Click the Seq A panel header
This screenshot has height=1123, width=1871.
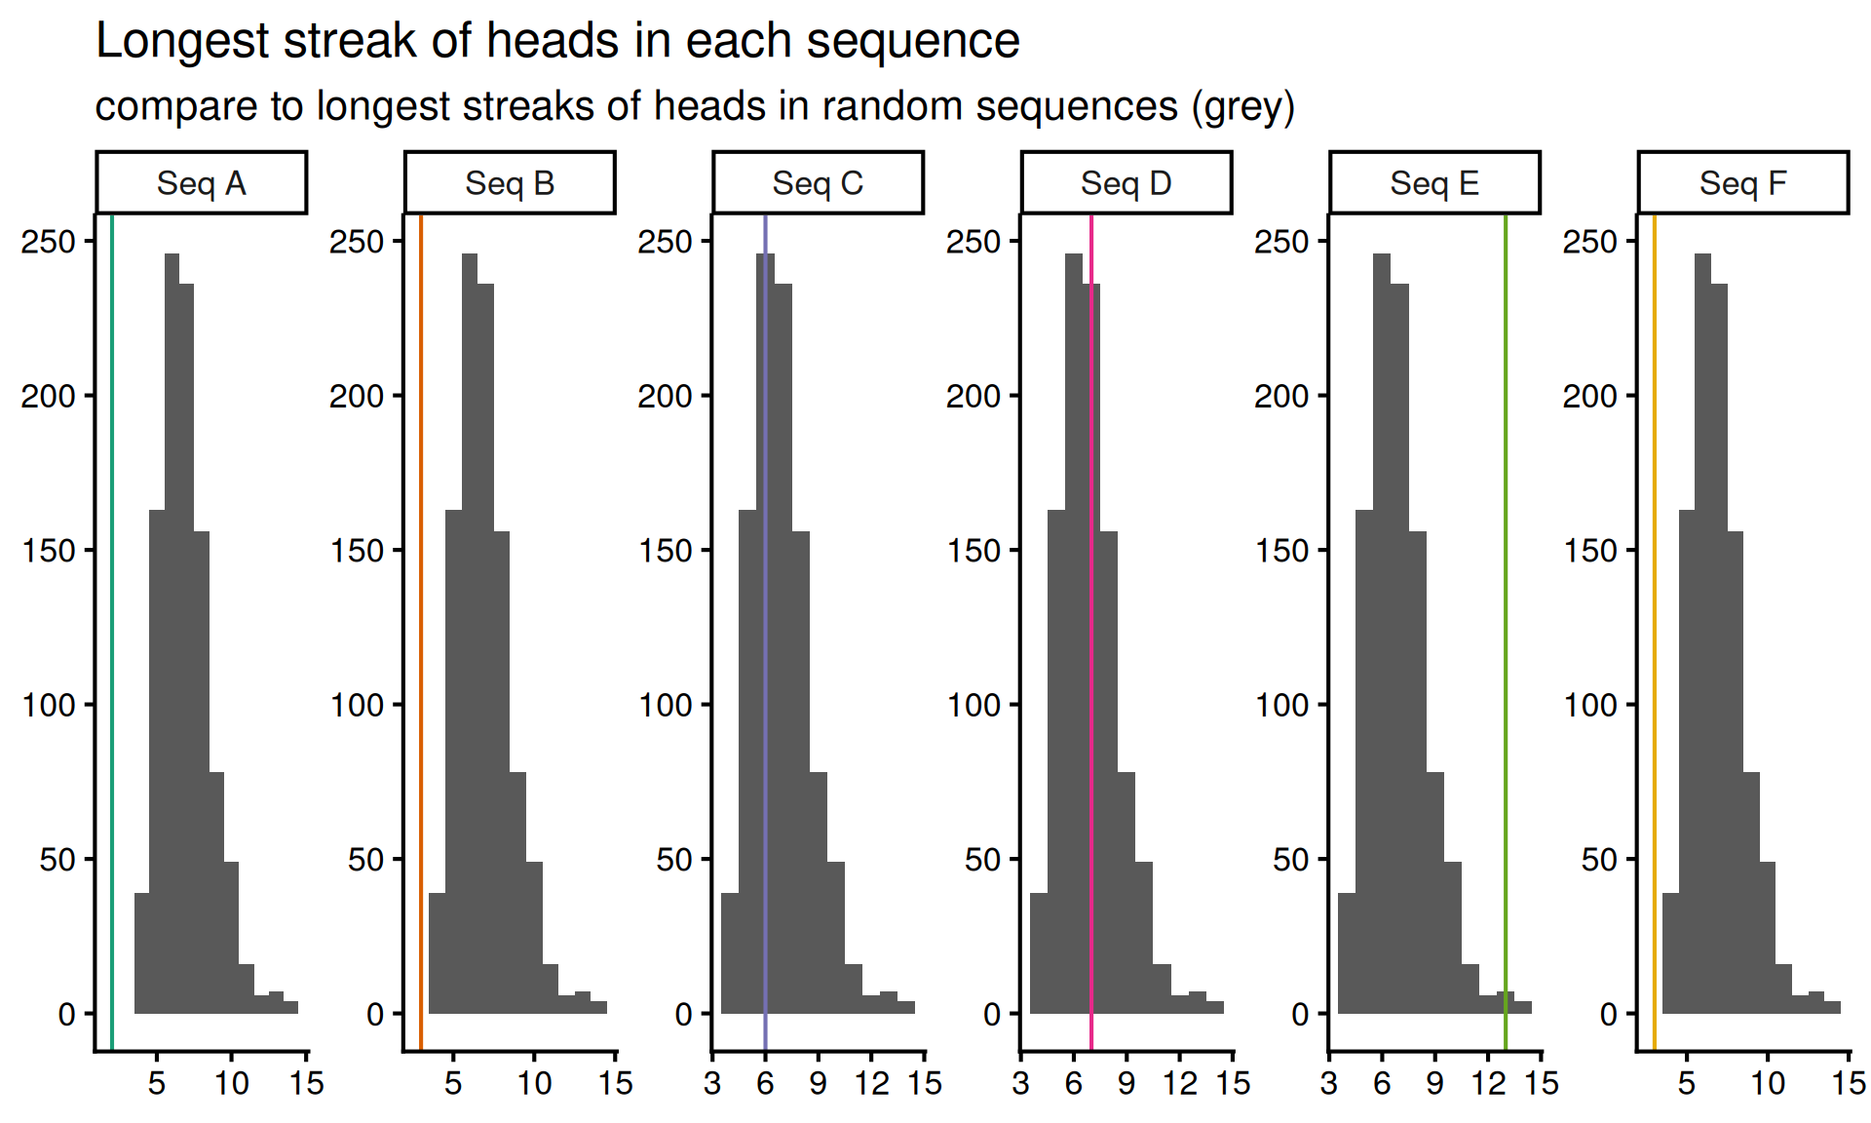pyautogui.click(x=202, y=183)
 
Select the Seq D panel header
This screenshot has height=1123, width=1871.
pyautogui.click(x=1126, y=183)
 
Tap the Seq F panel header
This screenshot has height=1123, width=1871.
pyautogui.click(x=1743, y=183)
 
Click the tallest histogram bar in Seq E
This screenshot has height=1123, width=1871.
pyautogui.click(x=1382, y=634)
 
